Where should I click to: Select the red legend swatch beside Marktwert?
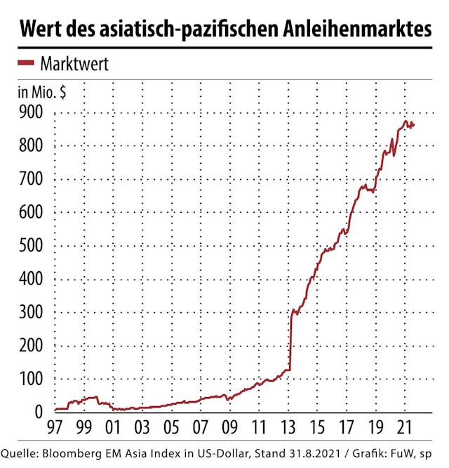(x=25, y=63)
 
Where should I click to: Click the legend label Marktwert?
(x=74, y=64)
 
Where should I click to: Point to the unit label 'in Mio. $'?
(x=42, y=92)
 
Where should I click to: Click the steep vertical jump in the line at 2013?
(x=290, y=337)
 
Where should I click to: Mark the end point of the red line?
(x=414, y=124)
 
